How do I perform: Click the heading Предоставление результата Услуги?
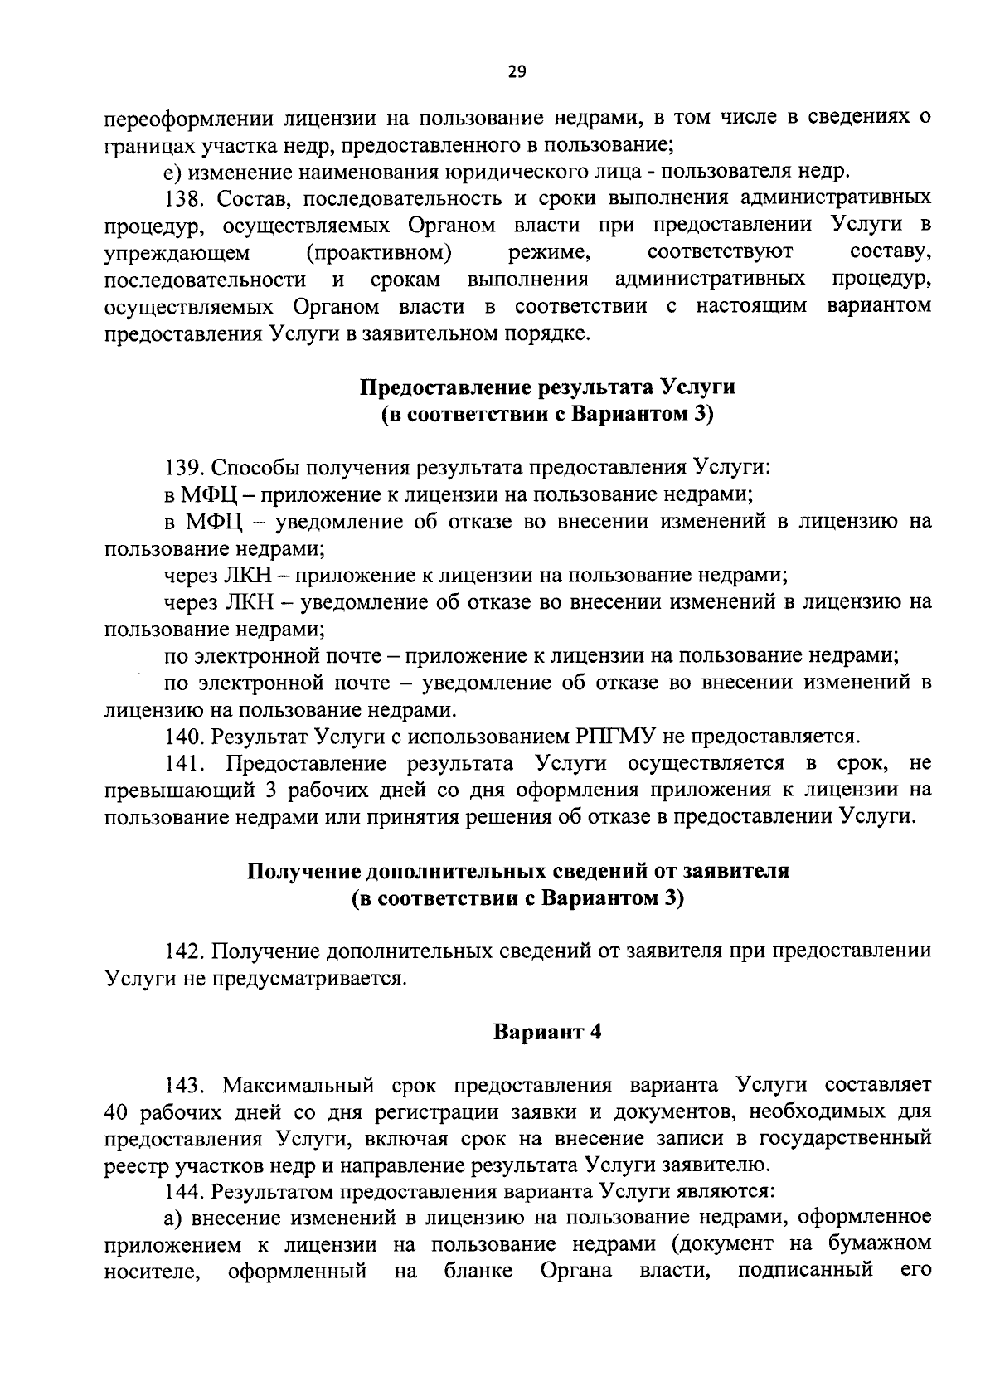tap(547, 387)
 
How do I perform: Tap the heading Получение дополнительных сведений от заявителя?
tap(518, 872)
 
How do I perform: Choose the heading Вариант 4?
tap(546, 1033)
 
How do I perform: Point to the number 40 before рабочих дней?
tap(119, 1112)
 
